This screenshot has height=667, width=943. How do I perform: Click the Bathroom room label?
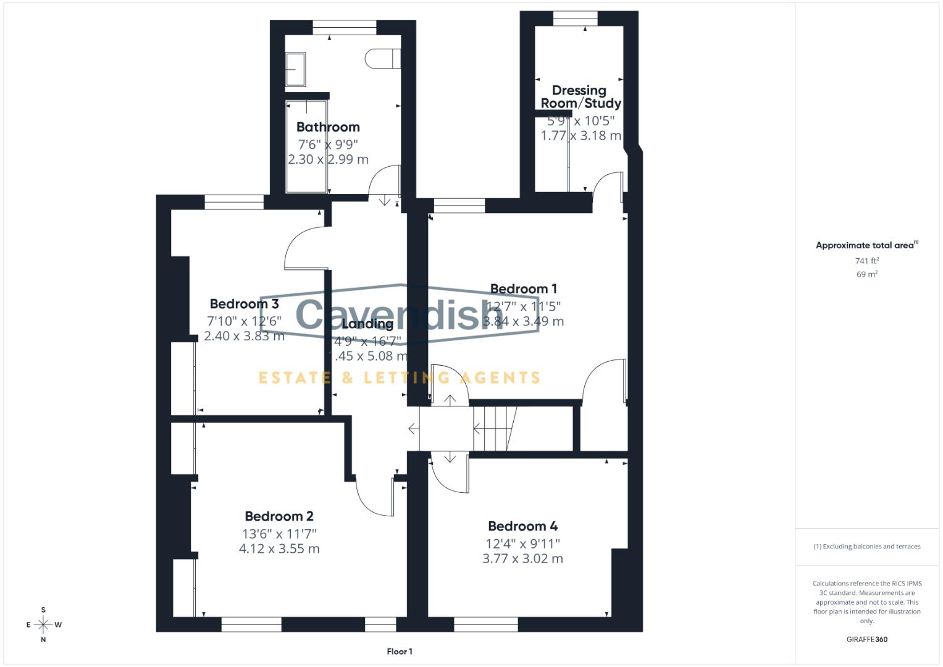pyautogui.click(x=328, y=127)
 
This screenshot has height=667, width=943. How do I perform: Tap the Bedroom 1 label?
pyautogui.click(x=523, y=289)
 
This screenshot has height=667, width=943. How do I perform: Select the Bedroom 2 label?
pyautogui.click(x=279, y=516)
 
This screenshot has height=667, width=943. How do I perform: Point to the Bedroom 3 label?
pyautogui.click(x=244, y=304)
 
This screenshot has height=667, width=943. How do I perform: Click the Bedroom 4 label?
pyautogui.click(x=522, y=526)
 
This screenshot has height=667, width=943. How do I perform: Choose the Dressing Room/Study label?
pyautogui.click(x=580, y=97)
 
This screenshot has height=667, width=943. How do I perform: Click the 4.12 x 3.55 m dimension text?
pyautogui.click(x=279, y=549)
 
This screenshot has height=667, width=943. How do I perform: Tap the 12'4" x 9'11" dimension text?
pyautogui.click(x=522, y=543)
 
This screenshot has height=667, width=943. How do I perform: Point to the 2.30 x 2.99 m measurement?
pyautogui.click(x=328, y=159)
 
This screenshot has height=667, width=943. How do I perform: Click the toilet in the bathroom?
pyautogui.click(x=382, y=59)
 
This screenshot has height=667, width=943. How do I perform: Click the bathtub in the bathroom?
pyautogui.click(x=306, y=147)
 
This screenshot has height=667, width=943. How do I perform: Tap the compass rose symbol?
pyautogui.click(x=43, y=624)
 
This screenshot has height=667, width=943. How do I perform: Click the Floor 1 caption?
pyautogui.click(x=400, y=652)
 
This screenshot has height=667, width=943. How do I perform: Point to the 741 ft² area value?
pyautogui.click(x=866, y=261)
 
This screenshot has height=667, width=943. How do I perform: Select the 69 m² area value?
pyautogui.click(x=866, y=274)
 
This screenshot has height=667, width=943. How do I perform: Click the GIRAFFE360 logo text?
pyautogui.click(x=866, y=639)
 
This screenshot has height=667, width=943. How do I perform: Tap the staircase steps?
pyautogui.click(x=494, y=427)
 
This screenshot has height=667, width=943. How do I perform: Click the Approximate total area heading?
pyautogui.click(x=866, y=245)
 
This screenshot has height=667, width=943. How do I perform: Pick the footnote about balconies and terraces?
pyautogui.click(x=866, y=547)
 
